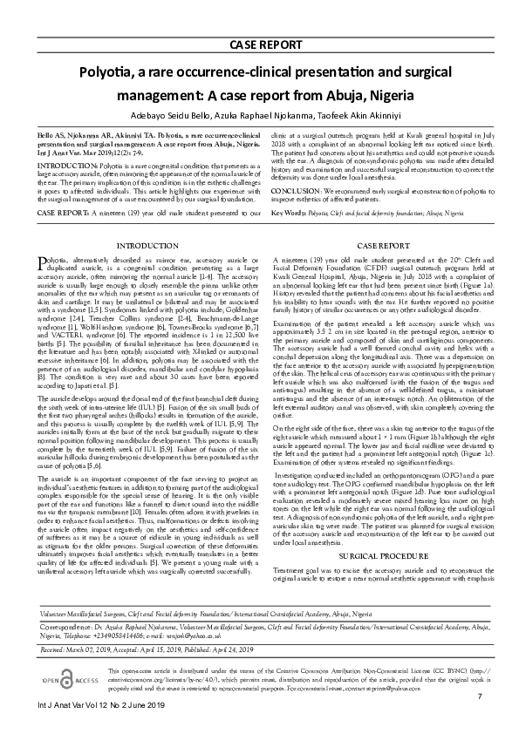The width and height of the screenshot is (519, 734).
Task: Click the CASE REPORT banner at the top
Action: click(x=259, y=44)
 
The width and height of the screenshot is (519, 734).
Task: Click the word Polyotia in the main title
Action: click(x=111, y=74)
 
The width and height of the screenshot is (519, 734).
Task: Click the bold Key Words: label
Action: click(x=289, y=212)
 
